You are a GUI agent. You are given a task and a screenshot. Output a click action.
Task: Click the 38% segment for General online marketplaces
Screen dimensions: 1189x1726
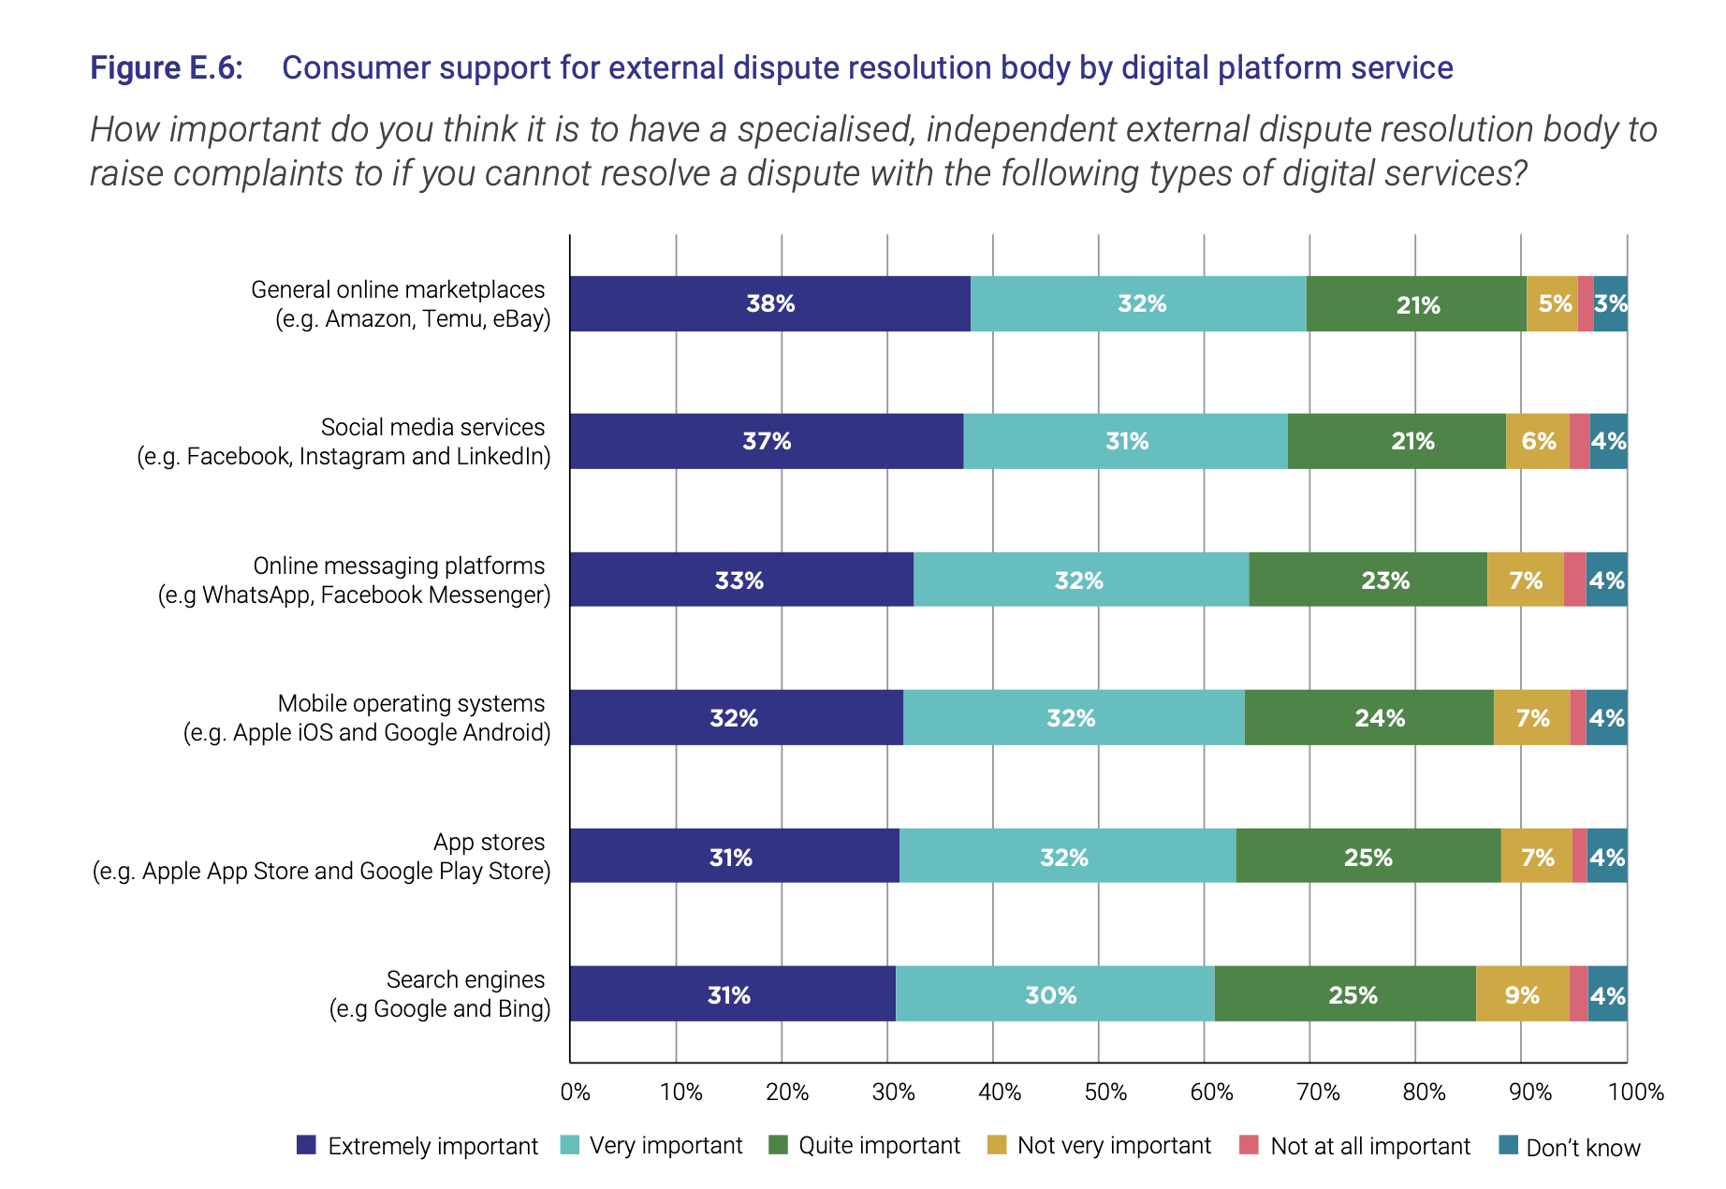[769, 303]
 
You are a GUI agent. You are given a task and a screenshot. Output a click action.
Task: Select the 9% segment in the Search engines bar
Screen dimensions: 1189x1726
[1522, 994]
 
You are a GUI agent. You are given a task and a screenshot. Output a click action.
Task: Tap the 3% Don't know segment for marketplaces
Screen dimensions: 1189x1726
[1610, 303]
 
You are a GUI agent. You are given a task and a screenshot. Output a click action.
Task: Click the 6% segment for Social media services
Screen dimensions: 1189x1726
[1537, 441]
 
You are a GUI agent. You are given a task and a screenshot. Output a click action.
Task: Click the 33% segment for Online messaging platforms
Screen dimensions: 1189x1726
[740, 580]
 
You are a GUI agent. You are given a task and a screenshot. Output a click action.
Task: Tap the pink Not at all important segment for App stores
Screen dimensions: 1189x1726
[1579, 856]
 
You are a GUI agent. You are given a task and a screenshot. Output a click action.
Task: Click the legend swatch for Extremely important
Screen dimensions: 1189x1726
[306, 1145]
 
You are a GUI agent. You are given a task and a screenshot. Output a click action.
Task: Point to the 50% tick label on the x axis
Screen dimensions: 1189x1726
[1105, 1093]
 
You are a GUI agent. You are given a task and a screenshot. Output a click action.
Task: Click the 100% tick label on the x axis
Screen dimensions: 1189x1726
[1635, 1093]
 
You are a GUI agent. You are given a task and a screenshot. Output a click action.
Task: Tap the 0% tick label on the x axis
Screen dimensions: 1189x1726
[575, 1093]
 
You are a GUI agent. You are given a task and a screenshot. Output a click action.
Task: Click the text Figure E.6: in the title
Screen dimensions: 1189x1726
[167, 68]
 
